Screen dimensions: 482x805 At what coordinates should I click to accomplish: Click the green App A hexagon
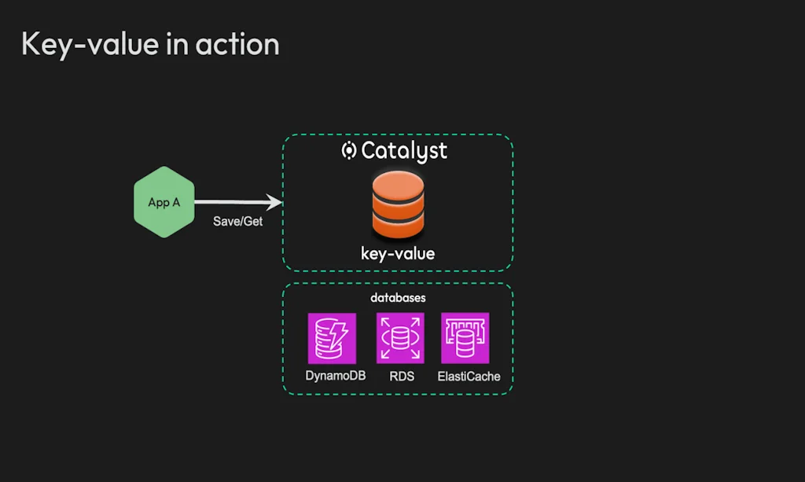tap(164, 202)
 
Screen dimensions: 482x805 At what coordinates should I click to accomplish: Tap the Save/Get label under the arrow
tap(237, 222)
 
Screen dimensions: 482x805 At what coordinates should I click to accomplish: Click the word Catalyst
tap(404, 150)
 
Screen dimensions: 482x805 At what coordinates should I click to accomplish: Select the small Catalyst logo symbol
tap(349, 150)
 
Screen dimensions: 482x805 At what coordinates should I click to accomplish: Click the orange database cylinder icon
tap(398, 206)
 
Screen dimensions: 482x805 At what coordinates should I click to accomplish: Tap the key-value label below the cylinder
tap(398, 254)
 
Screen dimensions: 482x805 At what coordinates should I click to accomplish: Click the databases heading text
tap(398, 299)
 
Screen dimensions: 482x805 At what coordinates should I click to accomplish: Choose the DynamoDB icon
tap(332, 337)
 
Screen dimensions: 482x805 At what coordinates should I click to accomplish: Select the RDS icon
tap(400, 337)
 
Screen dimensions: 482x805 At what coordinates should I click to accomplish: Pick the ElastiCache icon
tap(465, 337)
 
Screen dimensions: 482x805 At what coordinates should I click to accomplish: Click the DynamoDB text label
tap(336, 376)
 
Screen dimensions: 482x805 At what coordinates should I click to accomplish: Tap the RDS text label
tap(402, 377)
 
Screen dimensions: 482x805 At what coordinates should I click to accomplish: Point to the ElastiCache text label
tap(469, 377)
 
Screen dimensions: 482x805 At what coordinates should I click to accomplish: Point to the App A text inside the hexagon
tap(164, 203)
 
